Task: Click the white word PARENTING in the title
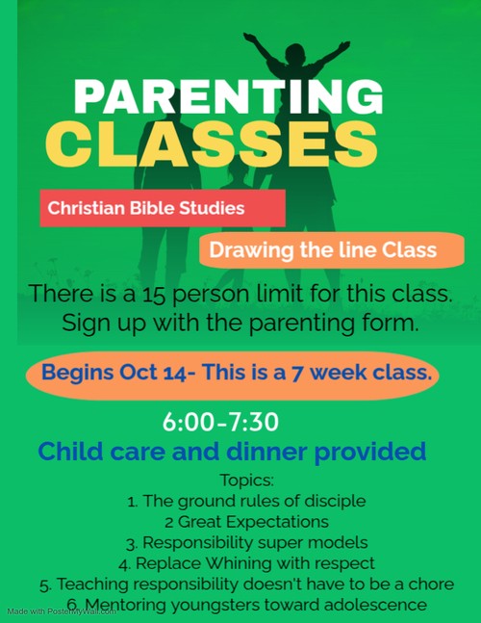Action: pyautogui.click(x=228, y=97)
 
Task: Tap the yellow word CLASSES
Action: pyautogui.click(x=211, y=143)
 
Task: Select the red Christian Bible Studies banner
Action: pyautogui.click(x=163, y=208)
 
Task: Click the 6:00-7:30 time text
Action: pyautogui.click(x=220, y=422)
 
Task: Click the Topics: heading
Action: pyautogui.click(x=247, y=480)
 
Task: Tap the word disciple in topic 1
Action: pyautogui.click(x=335, y=502)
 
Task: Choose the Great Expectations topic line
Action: pyautogui.click(x=247, y=522)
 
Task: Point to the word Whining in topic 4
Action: pyautogui.click(x=238, y=564)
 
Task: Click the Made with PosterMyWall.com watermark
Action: pyautogui.click(x=62, y=611)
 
